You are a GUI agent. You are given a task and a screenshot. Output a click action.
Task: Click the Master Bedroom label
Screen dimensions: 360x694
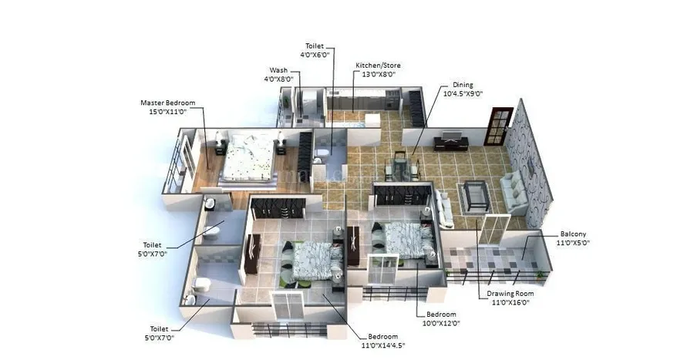pyautogui.click(x=167, y=103)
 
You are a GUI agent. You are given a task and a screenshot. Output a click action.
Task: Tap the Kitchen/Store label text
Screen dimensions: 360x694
pyautogui.click(x=378, y=66)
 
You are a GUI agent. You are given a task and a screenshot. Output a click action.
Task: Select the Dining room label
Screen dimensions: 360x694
pyautogui.click(x=463, y=85)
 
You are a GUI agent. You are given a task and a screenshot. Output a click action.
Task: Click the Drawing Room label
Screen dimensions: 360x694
pyautogui.click(x=510, y=294)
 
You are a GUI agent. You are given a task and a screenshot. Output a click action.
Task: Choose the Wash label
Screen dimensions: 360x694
pyautogui.click(x=278, y=70)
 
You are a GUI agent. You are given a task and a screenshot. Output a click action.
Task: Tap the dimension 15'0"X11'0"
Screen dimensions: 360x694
pyautogui.click(x=167, y=112)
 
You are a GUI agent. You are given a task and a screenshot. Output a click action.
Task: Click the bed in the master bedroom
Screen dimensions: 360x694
pyautogui.click(x=247, y=157)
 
